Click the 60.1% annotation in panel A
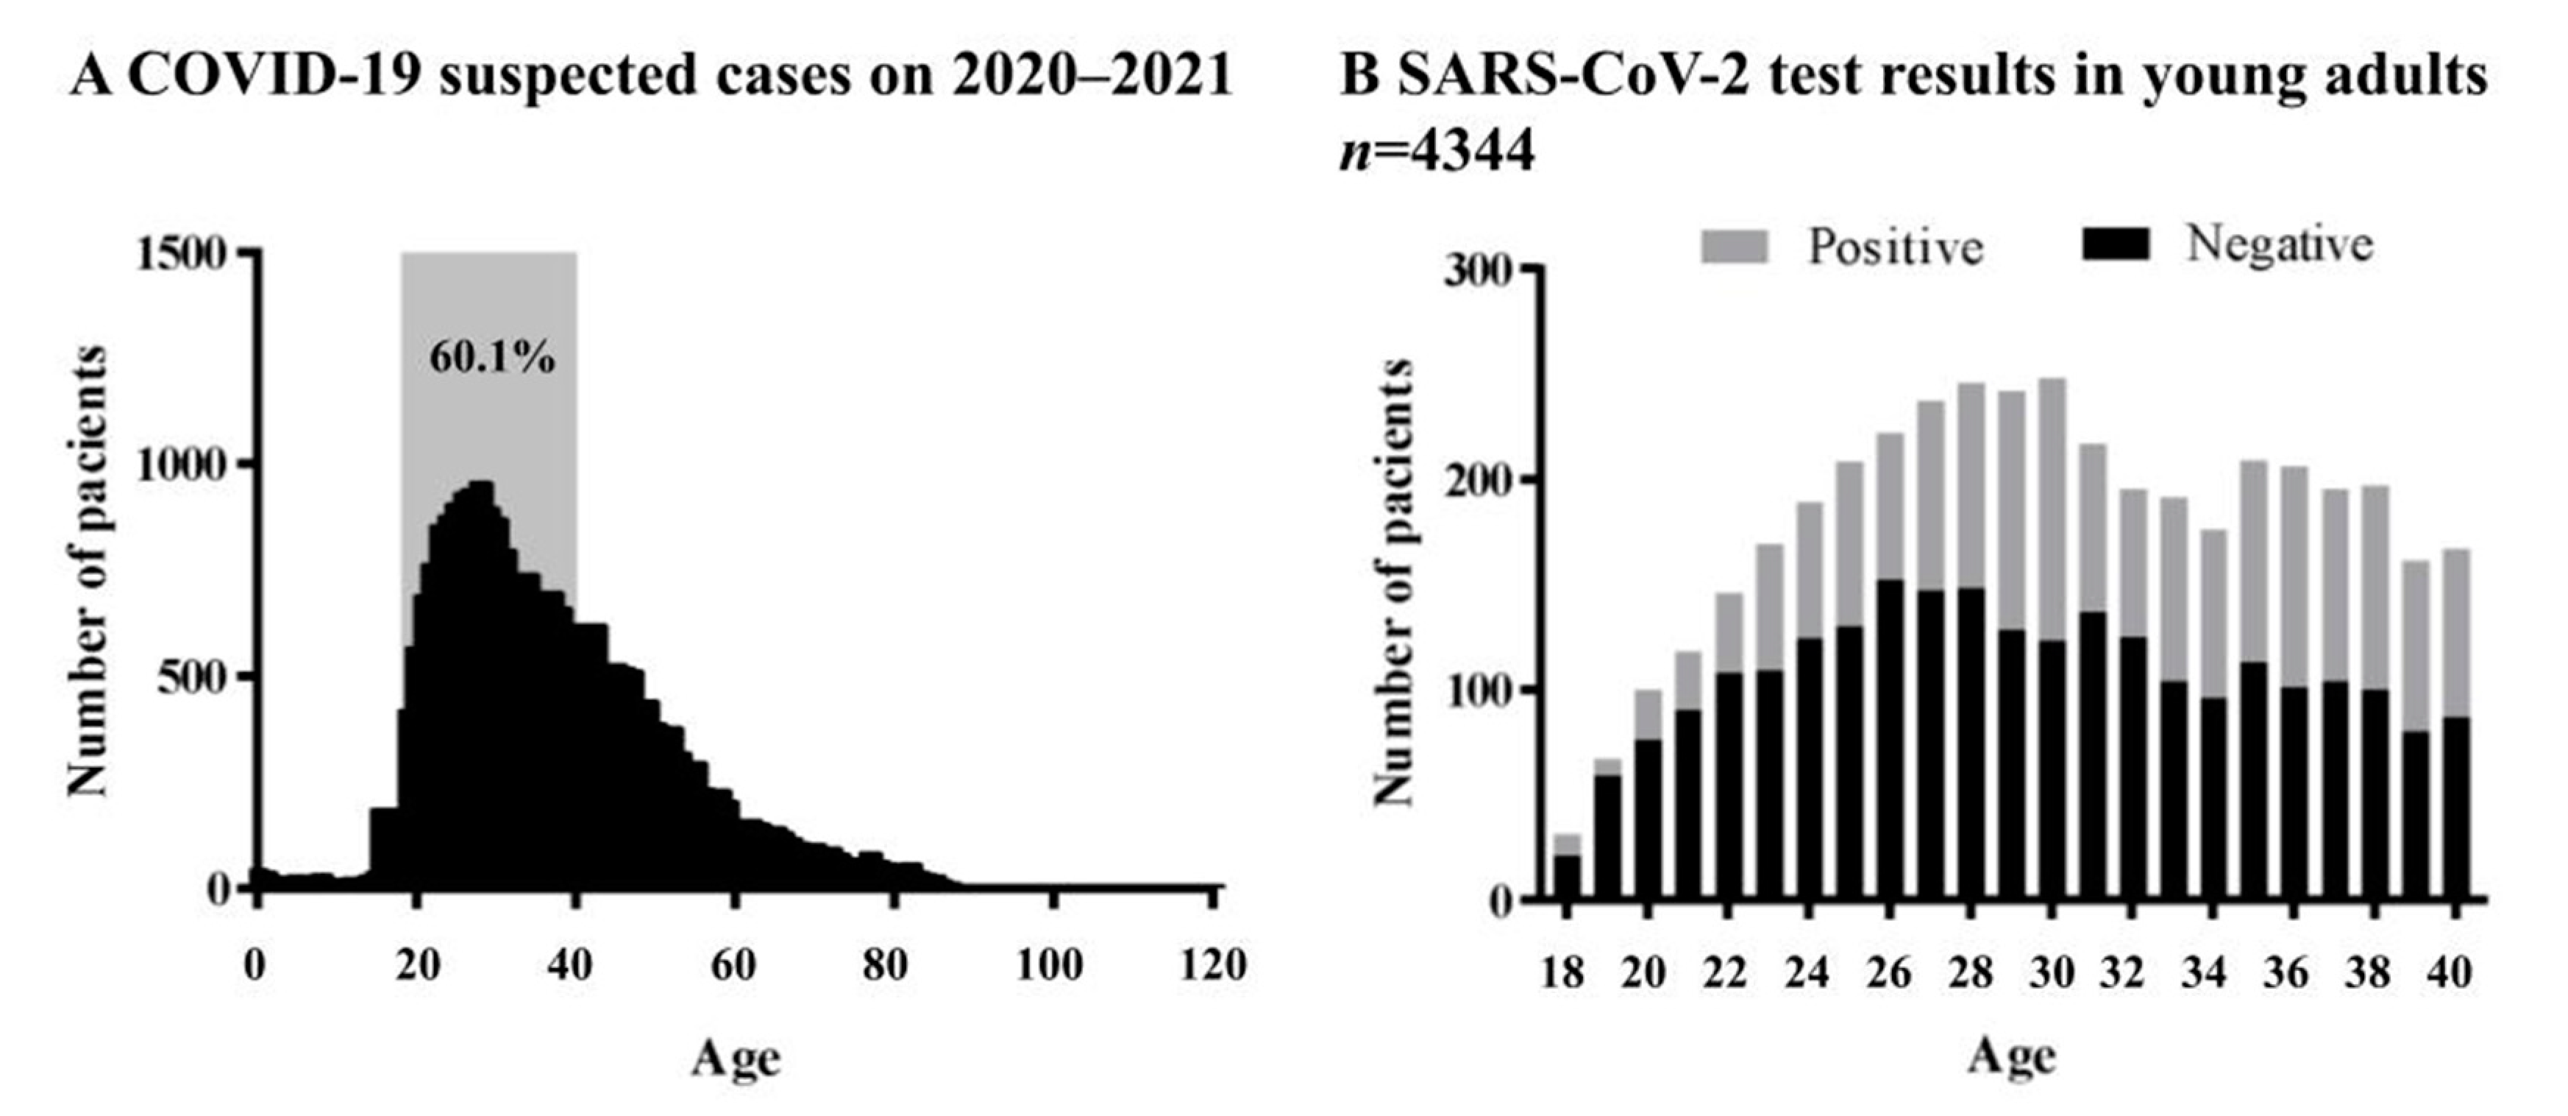[x=491, y=357]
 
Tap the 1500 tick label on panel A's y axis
[x=180, y=254]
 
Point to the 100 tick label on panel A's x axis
[x=1050, y=965]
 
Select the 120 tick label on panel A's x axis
[x=1212, y=965]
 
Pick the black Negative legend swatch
[x=2116, y=244]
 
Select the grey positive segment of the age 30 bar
[x=2051, y=509]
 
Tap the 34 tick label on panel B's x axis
[x=2203, y=972]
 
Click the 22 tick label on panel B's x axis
[x=1726, y=972]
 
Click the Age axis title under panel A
[x=736, y=1059]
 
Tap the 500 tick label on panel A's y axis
[x=196, y=678]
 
